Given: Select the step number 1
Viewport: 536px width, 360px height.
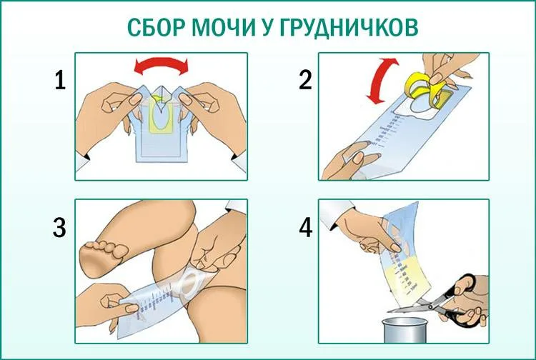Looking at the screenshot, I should [60, 81].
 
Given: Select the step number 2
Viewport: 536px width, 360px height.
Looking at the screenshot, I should [305, 80].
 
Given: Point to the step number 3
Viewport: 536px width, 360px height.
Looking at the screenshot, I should [60, 228].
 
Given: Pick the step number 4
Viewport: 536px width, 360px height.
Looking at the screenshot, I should [305, 228].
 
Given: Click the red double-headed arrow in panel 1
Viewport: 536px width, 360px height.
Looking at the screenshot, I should [163, 66].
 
